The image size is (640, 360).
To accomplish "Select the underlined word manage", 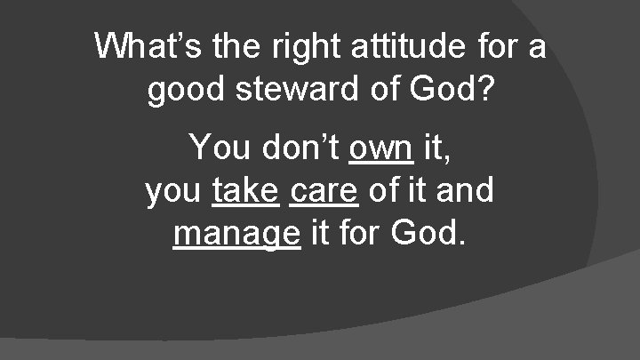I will click(x=236, y=235).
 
